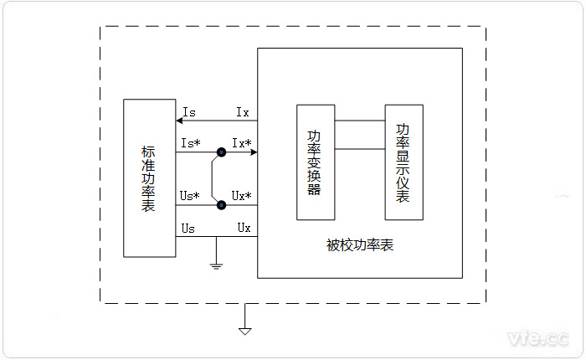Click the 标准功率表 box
click(x=149, y=177)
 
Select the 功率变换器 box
click(x=316, y=162)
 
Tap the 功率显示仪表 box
click(x=404, y=162)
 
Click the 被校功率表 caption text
click(x=360, y=245)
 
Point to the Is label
click(x=189, y=111)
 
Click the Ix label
click(x=242, y=111)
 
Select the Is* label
click(x=191, y=143)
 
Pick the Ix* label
click(x=242, y=143)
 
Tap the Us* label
click(x=191, y=196)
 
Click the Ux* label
click(x=242, y=196)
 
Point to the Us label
click(x=189, y=227)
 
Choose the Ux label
click(x=244, y=227)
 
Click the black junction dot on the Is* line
click(x=221, y=152)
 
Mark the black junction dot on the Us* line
click(x=221, y=205)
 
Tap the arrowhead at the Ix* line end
click(x=253, y=152)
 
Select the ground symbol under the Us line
click(x=216, y=265)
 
